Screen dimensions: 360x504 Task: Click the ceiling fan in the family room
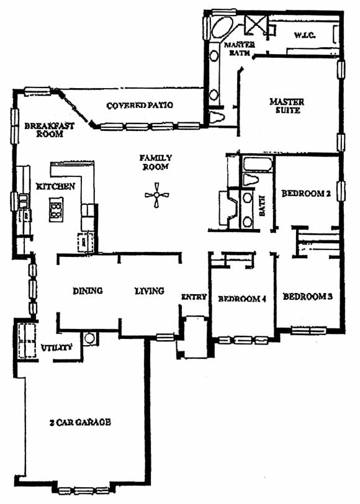(156, 195)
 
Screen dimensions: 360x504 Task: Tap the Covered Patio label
(140, 105)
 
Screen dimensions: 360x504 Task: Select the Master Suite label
(287, 106)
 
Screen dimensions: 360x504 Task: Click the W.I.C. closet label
(304, 35)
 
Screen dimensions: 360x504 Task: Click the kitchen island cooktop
(56, 210)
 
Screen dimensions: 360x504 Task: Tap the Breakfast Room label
(50, 130)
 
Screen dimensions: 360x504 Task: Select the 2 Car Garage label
(80, 422)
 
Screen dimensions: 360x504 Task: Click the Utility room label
(56, 348)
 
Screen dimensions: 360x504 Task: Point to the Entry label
(194, 297)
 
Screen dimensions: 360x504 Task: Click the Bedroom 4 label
(242, 299)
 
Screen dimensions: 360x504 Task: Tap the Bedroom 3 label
(308, 296)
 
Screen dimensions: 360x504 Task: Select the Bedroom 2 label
(306, 194)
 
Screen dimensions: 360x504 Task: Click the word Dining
(88, 291)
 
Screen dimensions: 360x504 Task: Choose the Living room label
(150, 291)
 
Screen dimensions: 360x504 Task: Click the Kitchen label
(56, 186)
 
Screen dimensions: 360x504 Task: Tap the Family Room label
(156, 163)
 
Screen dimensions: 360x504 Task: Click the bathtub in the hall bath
(257, 164)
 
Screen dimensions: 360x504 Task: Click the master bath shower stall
(256, 25)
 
